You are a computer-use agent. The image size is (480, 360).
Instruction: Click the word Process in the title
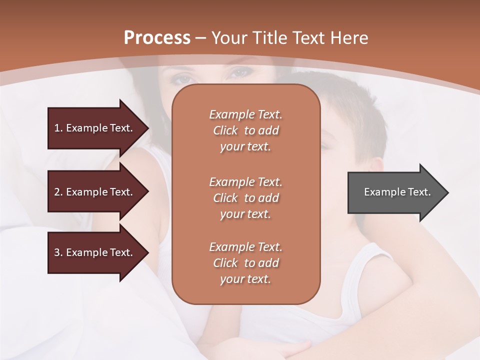click(157, 38)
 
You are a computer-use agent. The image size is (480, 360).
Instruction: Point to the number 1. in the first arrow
click(58, 128)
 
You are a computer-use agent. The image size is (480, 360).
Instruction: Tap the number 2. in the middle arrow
click(58, 192)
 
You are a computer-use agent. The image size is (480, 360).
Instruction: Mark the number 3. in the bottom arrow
click(58, 252)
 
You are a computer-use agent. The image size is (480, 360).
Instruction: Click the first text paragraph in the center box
click(245, 130)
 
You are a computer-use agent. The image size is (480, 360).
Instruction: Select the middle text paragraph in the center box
click(245, 198)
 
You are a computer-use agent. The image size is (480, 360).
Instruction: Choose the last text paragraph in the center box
click(245, 263)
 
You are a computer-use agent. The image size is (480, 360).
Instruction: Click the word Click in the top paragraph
click(225, 131)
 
